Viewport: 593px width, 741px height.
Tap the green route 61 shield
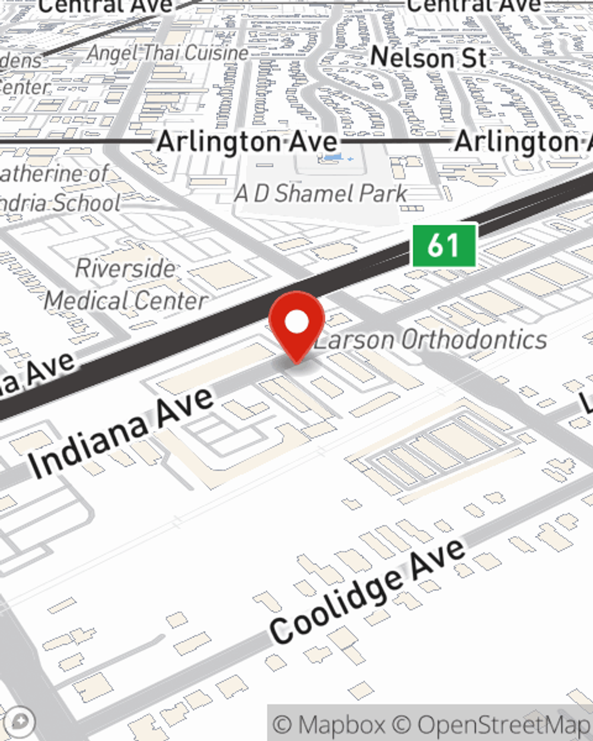point(444,244)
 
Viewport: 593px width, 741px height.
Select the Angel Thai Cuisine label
point(168,53)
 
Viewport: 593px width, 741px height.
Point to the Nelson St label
point(428,58)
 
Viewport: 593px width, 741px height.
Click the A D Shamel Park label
point(321,193)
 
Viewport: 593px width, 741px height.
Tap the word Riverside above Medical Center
point(125,269)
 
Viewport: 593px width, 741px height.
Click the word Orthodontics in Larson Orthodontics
point(474,340)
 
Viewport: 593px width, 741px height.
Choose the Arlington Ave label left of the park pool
point(247,142)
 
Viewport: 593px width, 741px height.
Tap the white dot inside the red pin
point(296,322)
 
